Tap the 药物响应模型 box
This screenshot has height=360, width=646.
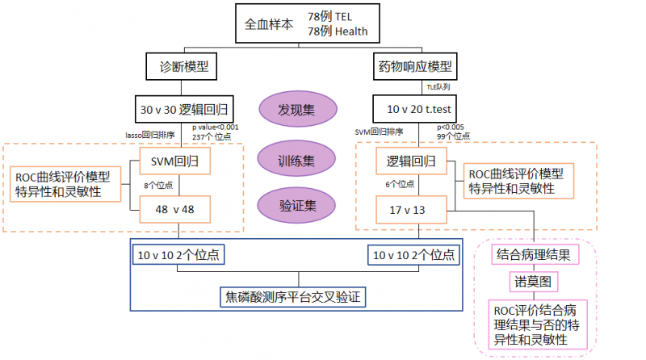[414, 67]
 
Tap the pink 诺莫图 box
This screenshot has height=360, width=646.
[535, 282]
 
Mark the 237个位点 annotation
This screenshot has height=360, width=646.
[212, 137]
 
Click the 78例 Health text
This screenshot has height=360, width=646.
[338, 31]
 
